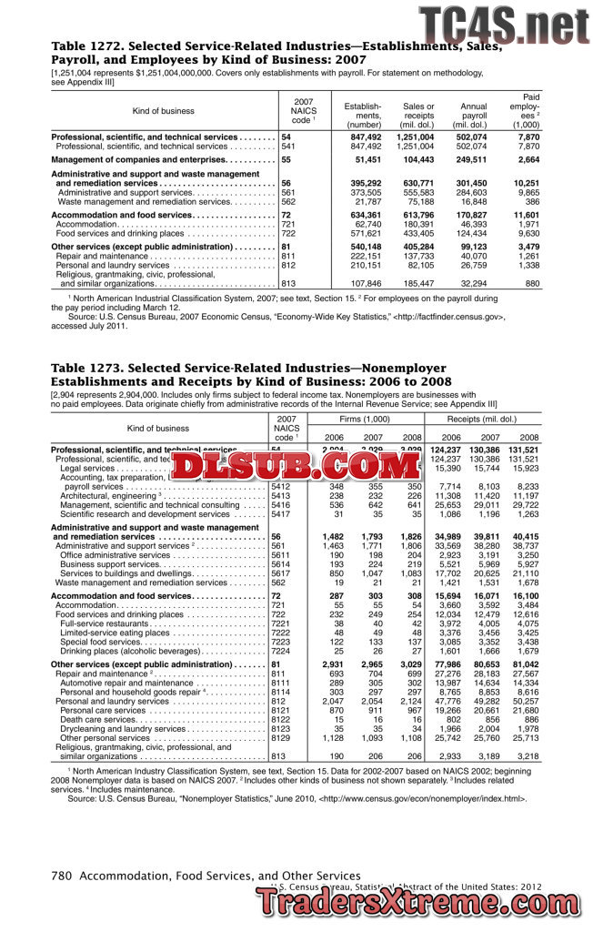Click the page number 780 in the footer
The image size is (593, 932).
point(62,876)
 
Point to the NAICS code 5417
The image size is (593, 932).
point(281,514)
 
